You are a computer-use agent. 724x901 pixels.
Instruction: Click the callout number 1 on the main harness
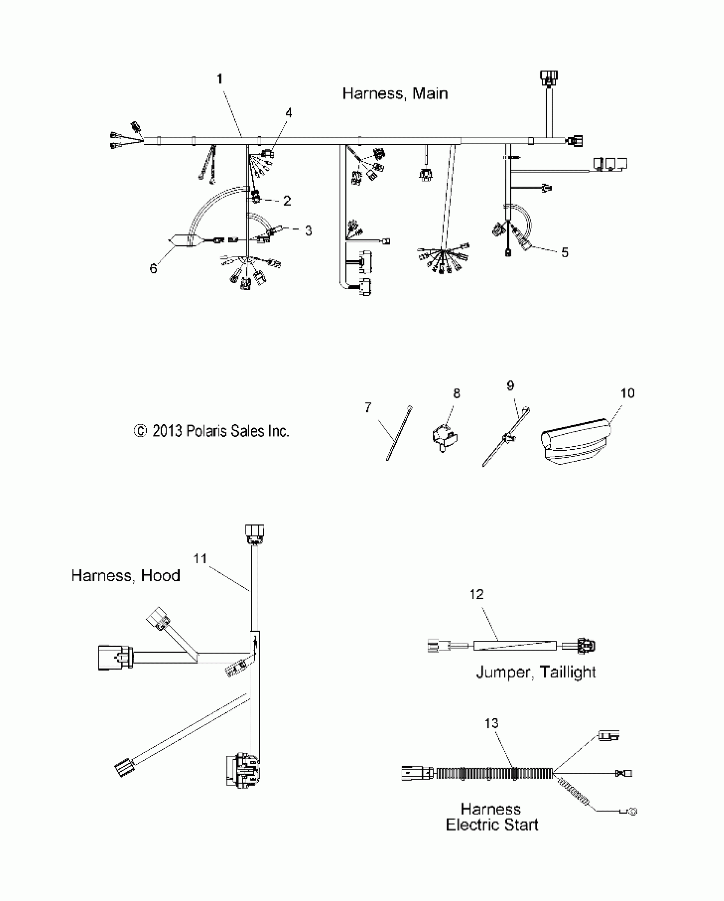(220, 79)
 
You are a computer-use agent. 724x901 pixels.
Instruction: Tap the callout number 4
(289, 113)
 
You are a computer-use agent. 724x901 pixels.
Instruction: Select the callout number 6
(153, 268)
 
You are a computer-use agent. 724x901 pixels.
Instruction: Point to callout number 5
(564, 252)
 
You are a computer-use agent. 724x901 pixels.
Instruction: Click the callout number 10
(627, 393)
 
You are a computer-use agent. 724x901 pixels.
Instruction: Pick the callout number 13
(491, 723)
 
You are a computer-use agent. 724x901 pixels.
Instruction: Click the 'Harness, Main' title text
(395, 94)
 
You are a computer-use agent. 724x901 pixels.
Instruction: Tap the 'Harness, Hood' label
(126, 576)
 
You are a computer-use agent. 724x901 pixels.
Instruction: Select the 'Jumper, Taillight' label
(536, 672)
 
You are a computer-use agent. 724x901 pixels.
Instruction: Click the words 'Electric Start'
(492, 825)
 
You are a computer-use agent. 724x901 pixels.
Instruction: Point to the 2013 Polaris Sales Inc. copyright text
(212, 431)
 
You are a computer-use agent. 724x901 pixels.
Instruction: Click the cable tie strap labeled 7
(399, 434)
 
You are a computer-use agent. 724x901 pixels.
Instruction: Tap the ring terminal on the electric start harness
(633, 812)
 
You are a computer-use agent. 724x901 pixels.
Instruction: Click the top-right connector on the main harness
(549, 78)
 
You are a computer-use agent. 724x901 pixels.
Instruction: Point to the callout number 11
(200, 558)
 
